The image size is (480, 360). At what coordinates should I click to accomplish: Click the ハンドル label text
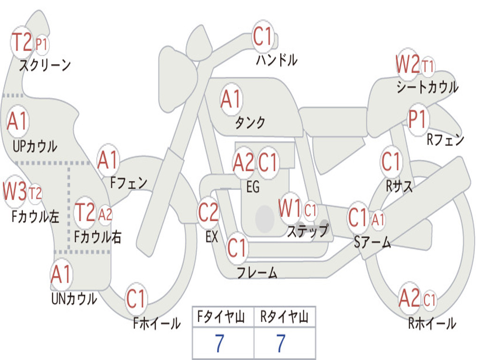[277, 60]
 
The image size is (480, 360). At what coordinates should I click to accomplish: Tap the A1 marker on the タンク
[231, 99]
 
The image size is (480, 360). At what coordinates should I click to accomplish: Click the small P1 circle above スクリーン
[42, 45]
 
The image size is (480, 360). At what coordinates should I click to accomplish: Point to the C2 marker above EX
[208, 213]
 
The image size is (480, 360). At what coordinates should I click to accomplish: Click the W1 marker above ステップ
[290, 209]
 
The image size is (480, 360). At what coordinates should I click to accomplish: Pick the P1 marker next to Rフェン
[417, 120]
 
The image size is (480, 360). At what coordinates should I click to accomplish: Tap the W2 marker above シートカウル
[407, 65]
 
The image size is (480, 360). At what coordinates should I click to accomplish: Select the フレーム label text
[257, 272]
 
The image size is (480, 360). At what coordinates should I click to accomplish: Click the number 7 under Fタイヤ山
[219, 344]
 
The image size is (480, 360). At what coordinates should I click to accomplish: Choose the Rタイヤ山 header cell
[284, 318]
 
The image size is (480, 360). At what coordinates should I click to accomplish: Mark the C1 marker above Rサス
[391, 162]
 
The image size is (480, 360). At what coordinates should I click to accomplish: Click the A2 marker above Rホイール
[409, 299]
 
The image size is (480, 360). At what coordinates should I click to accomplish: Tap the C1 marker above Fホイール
[136, 299]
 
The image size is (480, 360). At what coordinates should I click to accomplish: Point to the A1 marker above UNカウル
[61, 275]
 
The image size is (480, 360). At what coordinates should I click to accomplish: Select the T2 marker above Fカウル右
[85, 213]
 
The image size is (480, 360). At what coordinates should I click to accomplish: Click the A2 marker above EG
[243, 163]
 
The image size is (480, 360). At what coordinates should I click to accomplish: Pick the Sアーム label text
[373, 242]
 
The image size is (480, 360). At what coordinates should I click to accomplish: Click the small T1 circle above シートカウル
[427, 66]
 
